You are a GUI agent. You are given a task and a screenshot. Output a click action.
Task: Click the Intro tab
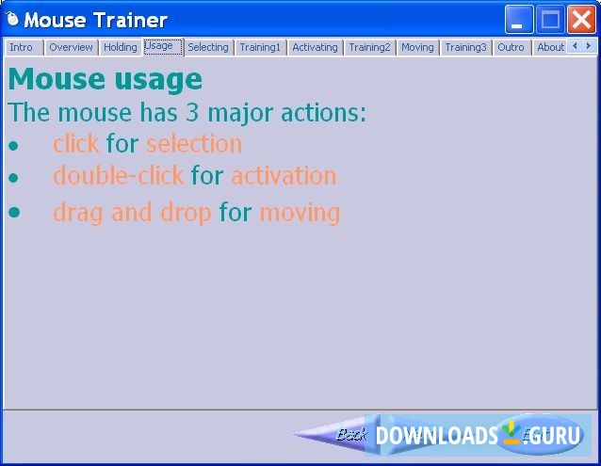click(22, 47)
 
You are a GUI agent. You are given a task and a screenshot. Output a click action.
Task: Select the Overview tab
click(71, 47)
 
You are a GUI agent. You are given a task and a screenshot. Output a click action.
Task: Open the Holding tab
click(120, 47)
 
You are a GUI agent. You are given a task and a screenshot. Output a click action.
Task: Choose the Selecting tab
click(207, 47)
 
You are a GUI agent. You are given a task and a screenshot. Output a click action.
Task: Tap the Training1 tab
click(260, 47)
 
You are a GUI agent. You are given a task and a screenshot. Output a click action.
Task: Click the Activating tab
click(315, 47)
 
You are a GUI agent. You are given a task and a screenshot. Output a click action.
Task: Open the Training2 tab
click(369, 47)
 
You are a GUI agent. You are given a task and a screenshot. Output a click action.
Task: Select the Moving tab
click(417, 47)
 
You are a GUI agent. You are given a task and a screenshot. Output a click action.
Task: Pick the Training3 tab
click(465, 47)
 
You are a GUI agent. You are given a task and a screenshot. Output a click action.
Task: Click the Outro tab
click(511, 47)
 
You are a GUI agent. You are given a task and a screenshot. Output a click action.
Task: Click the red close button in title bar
click(580, 19)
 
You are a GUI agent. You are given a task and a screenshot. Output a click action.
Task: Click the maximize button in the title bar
click(550, 19)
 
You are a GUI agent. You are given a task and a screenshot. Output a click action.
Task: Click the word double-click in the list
click(119, 176)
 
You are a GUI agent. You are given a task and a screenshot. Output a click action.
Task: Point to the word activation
click(284, 176)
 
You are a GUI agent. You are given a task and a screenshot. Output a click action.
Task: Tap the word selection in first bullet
click(194, 144)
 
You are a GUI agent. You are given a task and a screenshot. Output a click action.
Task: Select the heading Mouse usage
click(105, 79)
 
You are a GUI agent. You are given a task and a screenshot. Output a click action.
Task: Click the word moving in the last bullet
click(300, 213)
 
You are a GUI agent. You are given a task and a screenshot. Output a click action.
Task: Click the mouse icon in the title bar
click(13, 20)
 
